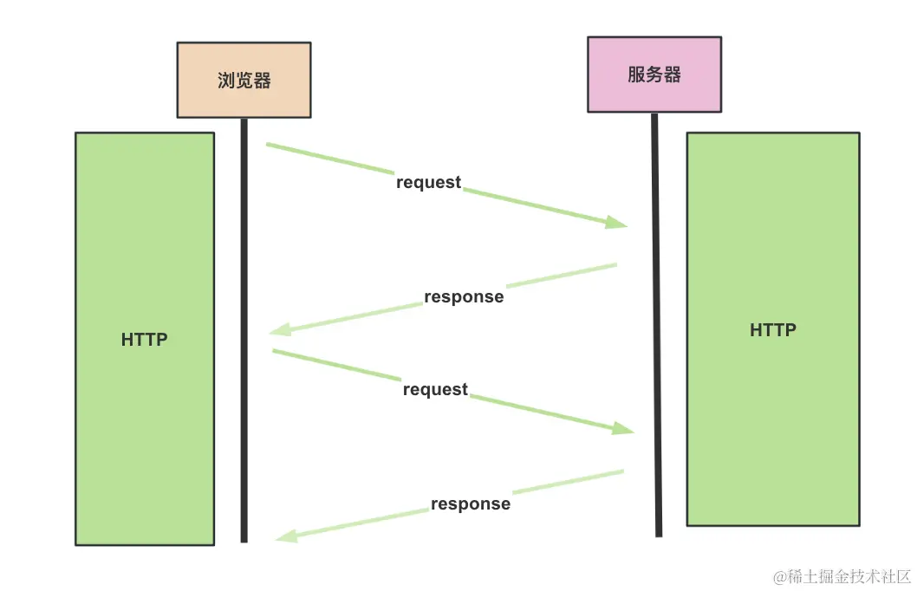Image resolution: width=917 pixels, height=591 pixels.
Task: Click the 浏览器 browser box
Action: [244, 80]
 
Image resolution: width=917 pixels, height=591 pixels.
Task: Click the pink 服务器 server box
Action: [654, 75]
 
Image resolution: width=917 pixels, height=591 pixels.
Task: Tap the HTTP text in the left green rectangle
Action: [144, 340]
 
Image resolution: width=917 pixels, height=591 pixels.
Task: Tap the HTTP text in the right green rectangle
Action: [772, 330]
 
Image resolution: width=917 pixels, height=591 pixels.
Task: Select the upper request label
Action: [429, 183]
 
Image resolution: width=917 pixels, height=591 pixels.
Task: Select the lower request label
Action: [435, 390]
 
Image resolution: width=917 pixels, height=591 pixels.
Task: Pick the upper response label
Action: [464, 297]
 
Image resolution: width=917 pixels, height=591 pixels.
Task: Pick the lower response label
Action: [471, 504]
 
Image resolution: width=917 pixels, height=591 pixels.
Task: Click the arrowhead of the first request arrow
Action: [616, 223]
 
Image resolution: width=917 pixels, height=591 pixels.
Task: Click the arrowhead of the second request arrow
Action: [624, 429]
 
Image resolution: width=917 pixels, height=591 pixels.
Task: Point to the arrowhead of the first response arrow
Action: [280, 330]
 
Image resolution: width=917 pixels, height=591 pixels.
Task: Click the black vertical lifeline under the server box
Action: [656, 347]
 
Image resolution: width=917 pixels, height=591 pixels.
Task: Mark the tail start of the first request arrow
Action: [268, 144]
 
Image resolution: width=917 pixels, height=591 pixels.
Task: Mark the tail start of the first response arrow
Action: [615, 264]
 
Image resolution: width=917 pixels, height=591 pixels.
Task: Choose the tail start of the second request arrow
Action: [275, 351]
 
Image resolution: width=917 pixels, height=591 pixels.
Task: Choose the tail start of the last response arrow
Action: [621, 471]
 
